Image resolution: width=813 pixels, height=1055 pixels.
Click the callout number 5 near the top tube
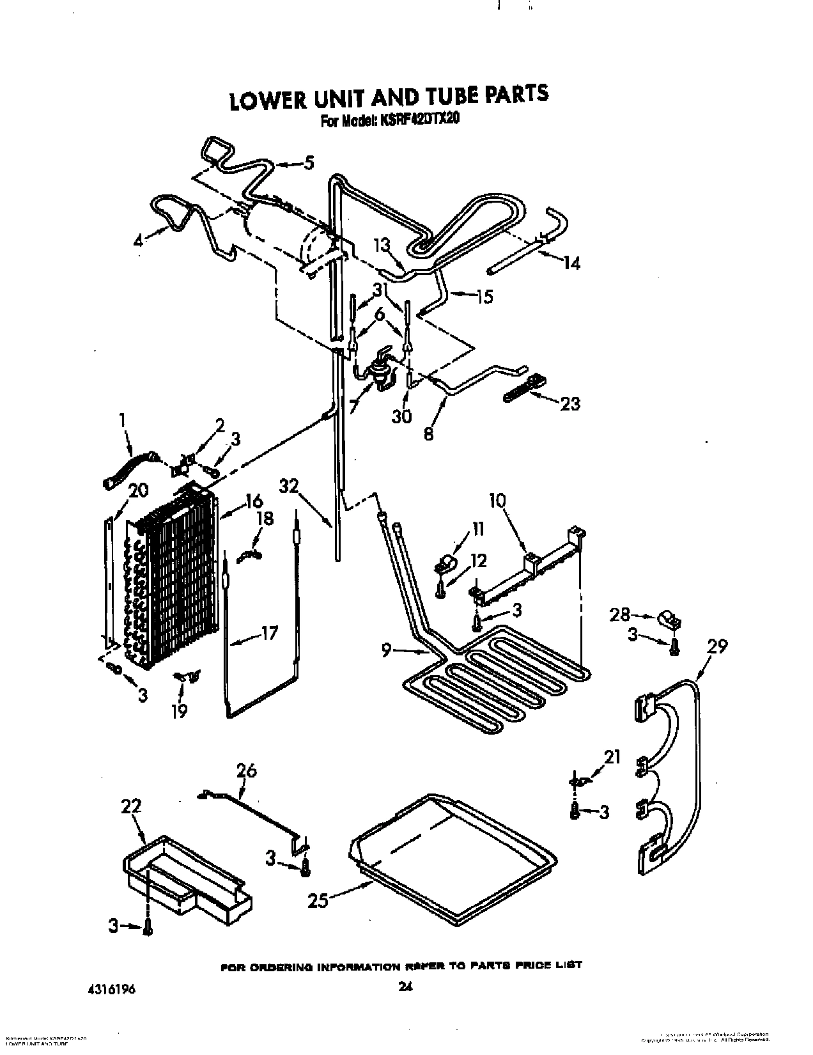[x=309, y=164]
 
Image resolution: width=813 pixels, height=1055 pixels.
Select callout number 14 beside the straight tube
[x=571, y=263]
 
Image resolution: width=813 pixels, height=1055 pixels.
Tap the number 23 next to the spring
[x=569, y=403]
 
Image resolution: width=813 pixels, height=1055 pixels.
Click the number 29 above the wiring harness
[x=717, y=646]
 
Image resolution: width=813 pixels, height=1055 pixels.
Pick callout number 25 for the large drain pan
[x=318, y=900]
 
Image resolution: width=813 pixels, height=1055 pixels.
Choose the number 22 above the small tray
[x=131, y=806]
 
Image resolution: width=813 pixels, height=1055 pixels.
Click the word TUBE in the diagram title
[x=447, y=96]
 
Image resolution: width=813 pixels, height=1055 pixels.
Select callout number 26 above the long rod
[x=247, y=771]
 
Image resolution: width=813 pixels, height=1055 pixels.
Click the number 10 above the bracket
[x=497, y=500]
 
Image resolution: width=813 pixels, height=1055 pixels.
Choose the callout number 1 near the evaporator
[x=123, y=419]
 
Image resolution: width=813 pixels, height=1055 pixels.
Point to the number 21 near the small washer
[x=612, y=757]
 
